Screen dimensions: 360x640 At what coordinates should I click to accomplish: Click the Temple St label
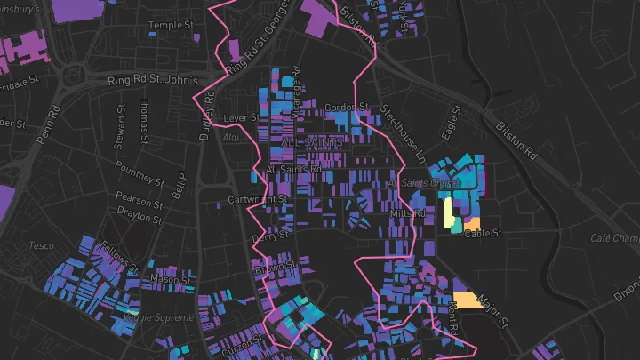[172, 26]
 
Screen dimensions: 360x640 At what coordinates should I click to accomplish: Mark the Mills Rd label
[407, 214]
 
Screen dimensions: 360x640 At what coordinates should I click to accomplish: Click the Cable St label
[483, 234]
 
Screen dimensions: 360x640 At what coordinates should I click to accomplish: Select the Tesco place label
[42, 245]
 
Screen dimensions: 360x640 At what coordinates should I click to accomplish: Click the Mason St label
[171, 279]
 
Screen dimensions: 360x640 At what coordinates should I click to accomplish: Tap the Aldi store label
[232, 137]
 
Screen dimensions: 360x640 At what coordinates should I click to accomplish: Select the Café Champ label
[614, 238]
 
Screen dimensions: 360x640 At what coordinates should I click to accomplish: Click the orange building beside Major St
[468, 300]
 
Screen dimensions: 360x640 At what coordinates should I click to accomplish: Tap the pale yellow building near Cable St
[451, 212]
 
